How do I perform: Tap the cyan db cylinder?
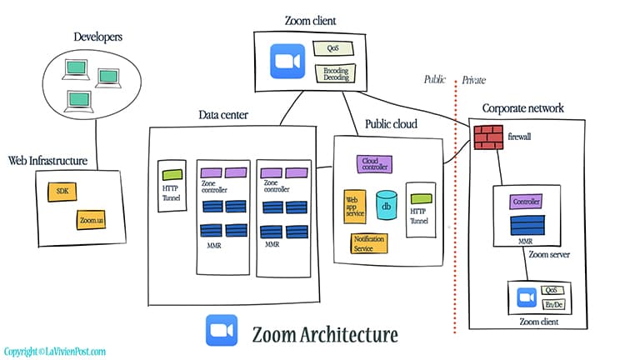pyautogui.click(x=386, y=204)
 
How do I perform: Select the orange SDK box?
pyautogui.click(x=62, y=192)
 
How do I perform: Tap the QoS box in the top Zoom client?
pyautogui.click(x=332, y=49)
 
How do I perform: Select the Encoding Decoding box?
pyautogui.click(x=335, y=73)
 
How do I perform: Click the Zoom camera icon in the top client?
pyautogui.click(x=289, y=61)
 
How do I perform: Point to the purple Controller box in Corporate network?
pyautogui.click(x=527, y=202)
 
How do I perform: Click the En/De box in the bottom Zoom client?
pyautogui.click(x=553, y=305)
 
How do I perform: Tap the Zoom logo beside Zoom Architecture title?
pyautogui.click(x=222, y=331)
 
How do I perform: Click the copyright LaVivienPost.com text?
pyautogui.click(x=55, y=352)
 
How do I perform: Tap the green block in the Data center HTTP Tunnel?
pyautogui.click(x=172, y=175)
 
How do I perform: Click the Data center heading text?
pyautogui.click(x=223, y=114)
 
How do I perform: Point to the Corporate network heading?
pyautogui.click(x=522, y=107)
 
